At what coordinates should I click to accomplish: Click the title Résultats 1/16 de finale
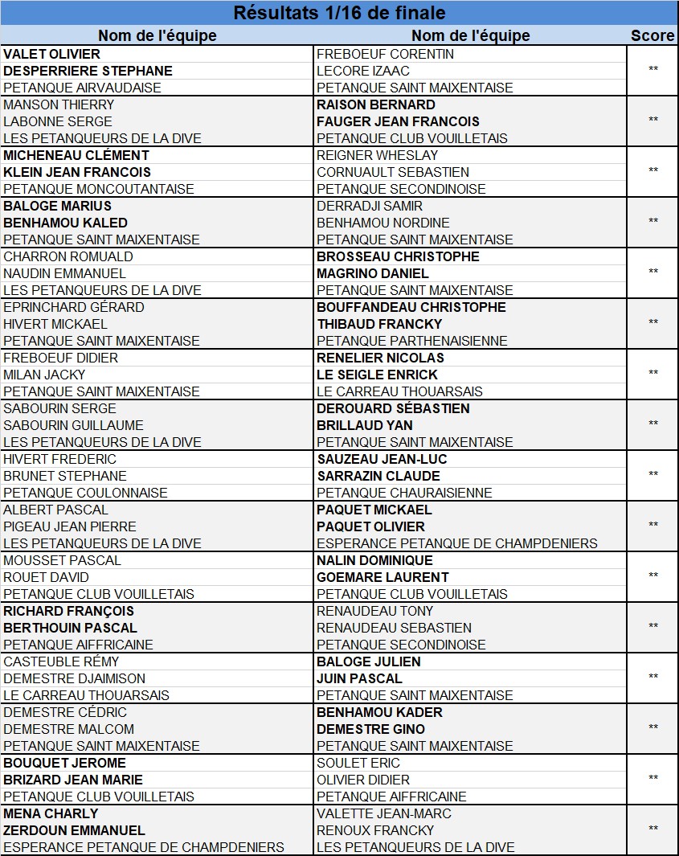pyautogui.click(x=338, y=13)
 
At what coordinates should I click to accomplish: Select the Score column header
pyautogui.click(x=652, y=35)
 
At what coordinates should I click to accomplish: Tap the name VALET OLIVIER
pyautogui.click(x=52, y=54)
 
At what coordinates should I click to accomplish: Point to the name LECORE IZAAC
pyautogui.click(x=363, y=71)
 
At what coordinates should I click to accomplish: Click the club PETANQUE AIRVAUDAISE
pyautogui.click(x=82, y=88)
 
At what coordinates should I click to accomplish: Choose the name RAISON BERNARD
pyautogui.click(x=376, y=104)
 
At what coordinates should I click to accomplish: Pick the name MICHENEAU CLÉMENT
pyautogui.click(x=76, y=155)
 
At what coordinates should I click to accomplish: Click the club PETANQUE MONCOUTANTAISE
pyautogui.click(x=99, y=189)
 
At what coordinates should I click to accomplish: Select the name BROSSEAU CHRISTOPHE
pyautogui.click(x=398, y=256)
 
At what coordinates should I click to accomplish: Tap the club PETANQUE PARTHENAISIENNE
pyautogui.click(x=412, y=341)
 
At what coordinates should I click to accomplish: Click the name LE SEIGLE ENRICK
pyautogui.click(x=378, y=375)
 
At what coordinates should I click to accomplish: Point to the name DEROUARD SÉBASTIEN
pyautogui.click(x=393, y=408)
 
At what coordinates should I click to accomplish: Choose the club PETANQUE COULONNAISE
pyautogui.click(x=86, y=493)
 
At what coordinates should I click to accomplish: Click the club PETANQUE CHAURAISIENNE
pyautogui.click(x=404, y=493)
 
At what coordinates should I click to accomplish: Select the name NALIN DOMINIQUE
pyautogui.click(x=374, y=560)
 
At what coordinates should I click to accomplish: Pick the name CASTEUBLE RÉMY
pyautogui.click(x=61, y=661)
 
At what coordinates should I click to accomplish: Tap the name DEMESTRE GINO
pyautogui.click(x=371, y=729)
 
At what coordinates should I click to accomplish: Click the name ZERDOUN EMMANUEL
pyautogui.click(x=75, y=830)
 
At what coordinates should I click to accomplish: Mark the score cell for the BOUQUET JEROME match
pyautogui.click(x=652, y=779)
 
